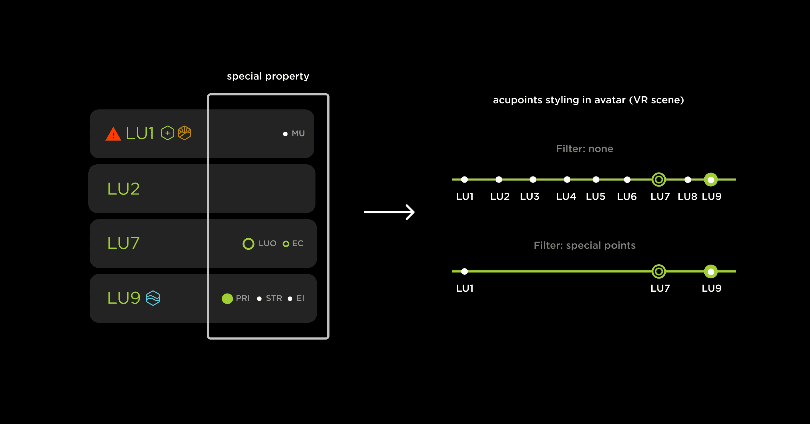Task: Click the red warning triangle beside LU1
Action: pyautogui.click(x=113, y=134)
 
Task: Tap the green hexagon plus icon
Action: pyautogui.click(x=167, y=133)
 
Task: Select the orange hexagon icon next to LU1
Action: pyautogui.click(x=184, y=133)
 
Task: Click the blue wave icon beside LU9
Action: pyautogui.click(x=153, y=298)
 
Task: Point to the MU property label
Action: pyautogui.click(x=298, y=134)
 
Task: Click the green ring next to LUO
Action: pyautogui.click(x=248, y=244)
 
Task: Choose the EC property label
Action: pyautogui.click(x=298, y=243)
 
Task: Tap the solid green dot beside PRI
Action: pyautogui.click(x=227, y=298)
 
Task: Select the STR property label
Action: pyautogui.click(x=274, y=298)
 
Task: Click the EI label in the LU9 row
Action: pyautogui.click(x=300, y=298)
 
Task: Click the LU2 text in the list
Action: pyautogui.click(x=124, y=189)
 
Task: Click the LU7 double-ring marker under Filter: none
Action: pyautogui.click(x=659, y=180)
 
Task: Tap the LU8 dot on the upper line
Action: pyautogui.click(x=688, y=180)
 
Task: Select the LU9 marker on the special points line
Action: pyautogui.click(x=711, y=271)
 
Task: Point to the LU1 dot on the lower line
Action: pyautogui.click(x=464, y=271)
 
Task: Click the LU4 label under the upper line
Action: pyautogui.click(x=566, y=196)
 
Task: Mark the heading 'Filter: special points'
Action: pyautogui.click(x=585, y=245)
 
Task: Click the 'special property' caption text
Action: pyautogui.click(x=268, y=76)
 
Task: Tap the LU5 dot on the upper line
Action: pyautogui.click(x=596, y=180)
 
